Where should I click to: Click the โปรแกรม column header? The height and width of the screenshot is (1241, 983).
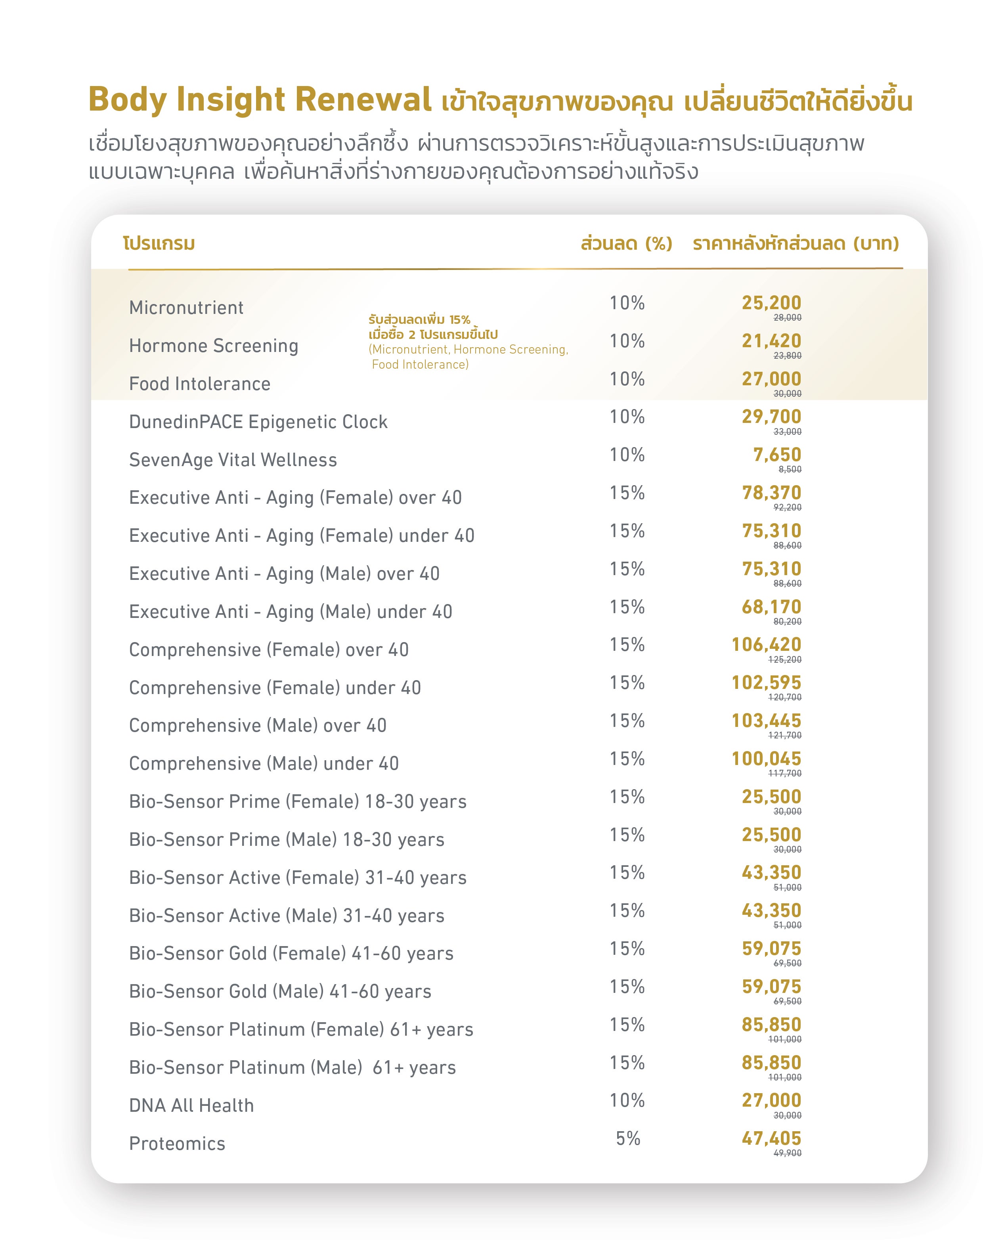coord(159,243)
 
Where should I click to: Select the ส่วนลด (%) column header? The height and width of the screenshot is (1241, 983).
coord(626,243)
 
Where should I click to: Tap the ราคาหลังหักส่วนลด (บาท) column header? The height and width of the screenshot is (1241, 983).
coord(796,243)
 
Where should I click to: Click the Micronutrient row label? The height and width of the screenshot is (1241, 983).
coord(186,308)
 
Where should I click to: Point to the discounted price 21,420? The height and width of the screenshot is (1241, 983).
coord(771,341)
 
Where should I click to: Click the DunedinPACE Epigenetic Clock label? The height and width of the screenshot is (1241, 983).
coord(258,422)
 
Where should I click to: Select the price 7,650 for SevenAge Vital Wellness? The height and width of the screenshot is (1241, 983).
coord(777,455)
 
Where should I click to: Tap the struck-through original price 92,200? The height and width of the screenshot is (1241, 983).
coord(787,507)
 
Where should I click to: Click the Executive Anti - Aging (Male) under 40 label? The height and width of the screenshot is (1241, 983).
coord(290,612)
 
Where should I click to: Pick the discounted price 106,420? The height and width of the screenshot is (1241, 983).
coord(766,644)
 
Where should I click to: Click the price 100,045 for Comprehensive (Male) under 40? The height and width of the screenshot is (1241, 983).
coord(766,759)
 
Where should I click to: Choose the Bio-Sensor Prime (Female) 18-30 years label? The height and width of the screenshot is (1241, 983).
coord(298,802)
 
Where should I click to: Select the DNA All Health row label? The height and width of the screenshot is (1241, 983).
coord(191,1106)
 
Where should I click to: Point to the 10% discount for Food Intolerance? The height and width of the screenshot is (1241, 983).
coord(627,379)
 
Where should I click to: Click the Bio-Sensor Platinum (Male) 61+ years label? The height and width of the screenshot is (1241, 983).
coord(293,1068)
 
